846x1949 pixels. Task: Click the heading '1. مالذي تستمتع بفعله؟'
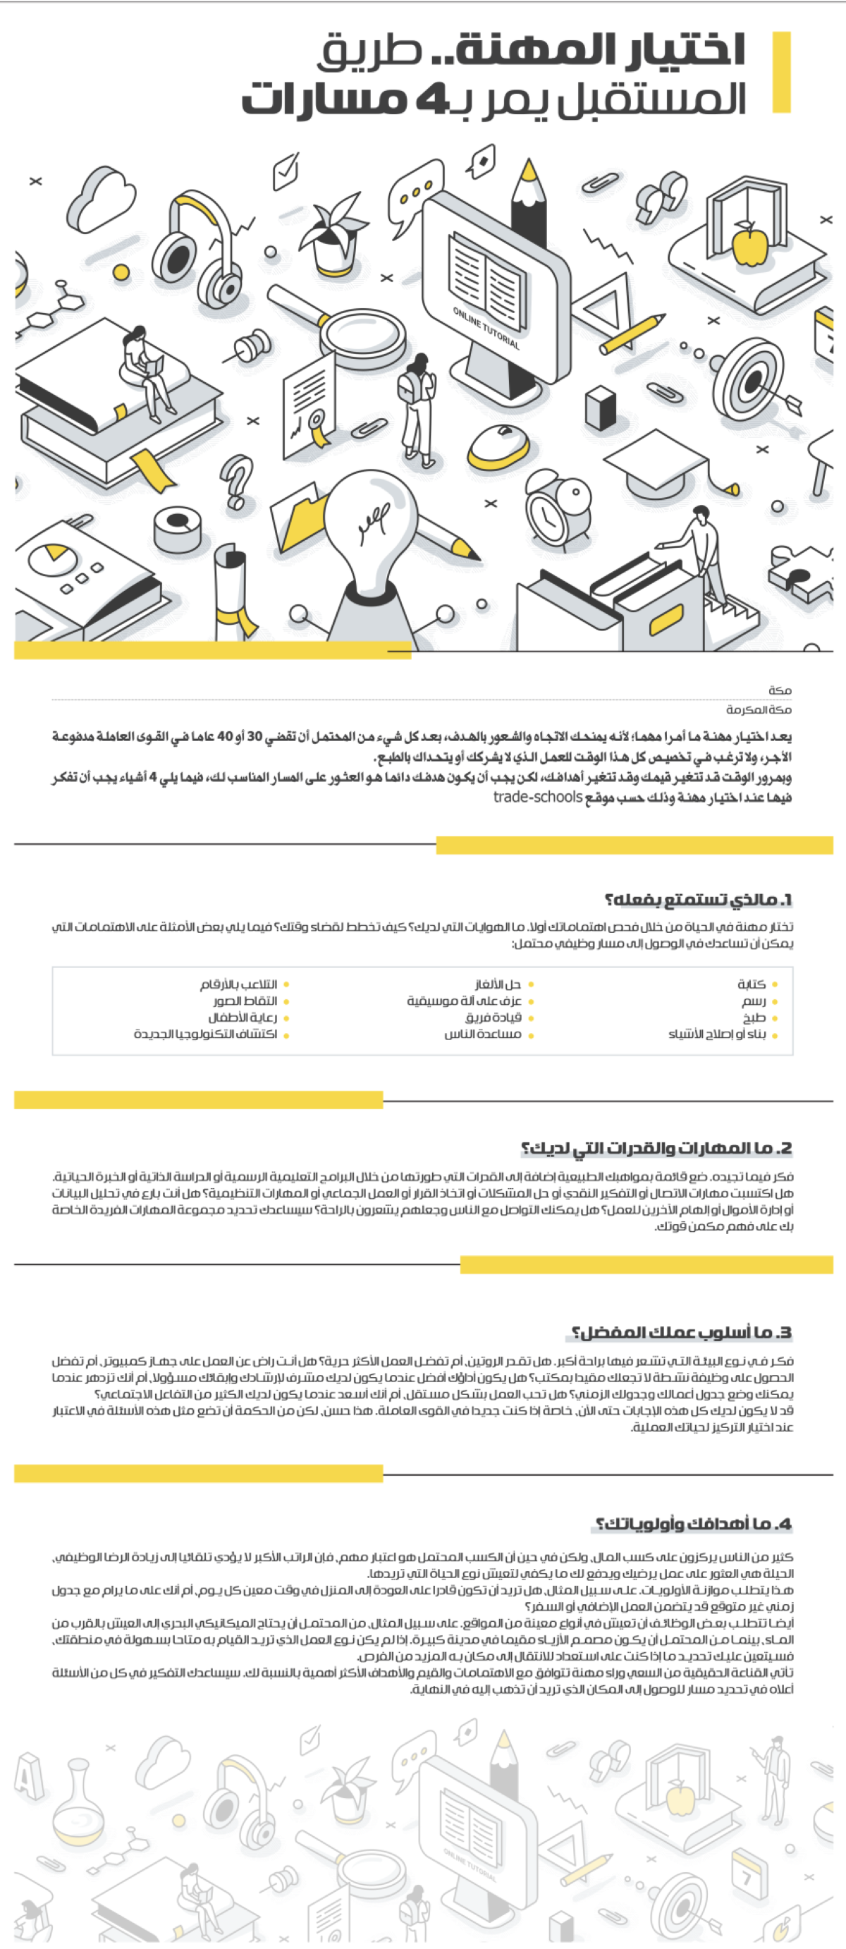click(698, 900)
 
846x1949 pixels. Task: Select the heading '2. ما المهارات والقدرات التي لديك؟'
click(656, 1148)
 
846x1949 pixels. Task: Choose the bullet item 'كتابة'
click(752, 984)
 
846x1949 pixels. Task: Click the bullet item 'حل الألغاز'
click(498, 984)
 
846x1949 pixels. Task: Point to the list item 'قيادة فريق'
click(493, 1018)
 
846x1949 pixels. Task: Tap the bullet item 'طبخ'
click(754, 1018)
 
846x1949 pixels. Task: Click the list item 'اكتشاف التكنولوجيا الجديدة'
click(205, 1034)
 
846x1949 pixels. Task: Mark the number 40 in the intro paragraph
click(225, 736)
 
